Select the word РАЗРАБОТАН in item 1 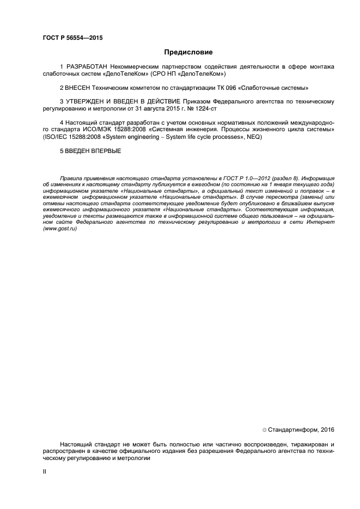pyautogui.click(x=86, y=66)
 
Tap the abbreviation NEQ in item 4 pyautogui.click(x=253, y=137)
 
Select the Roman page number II pyautogui.click(x=45, y=471)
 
